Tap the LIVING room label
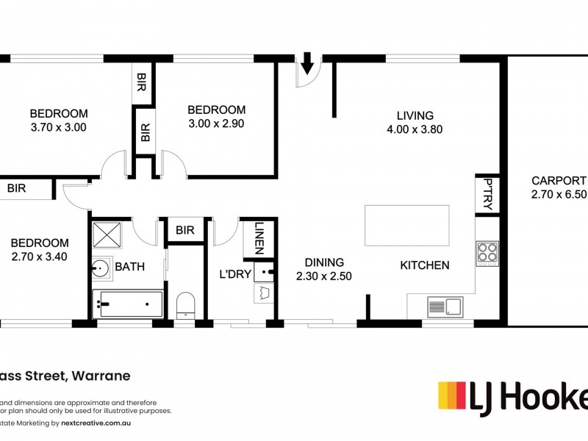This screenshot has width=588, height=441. coord(415,115)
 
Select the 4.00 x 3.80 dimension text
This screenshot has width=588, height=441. coord(415,129)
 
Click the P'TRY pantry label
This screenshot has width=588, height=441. coord(487,194)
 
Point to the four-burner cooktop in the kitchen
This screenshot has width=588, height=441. coord(487,253)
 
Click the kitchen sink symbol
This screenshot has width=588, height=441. coord(444,306)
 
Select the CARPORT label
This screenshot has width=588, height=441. coord(559,180)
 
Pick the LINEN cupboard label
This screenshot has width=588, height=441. coord(259,237)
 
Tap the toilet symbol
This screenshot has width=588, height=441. coord(185,304)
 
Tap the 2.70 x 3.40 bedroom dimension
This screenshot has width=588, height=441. coord(40,257)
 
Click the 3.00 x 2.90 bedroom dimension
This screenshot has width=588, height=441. coord(216,124)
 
